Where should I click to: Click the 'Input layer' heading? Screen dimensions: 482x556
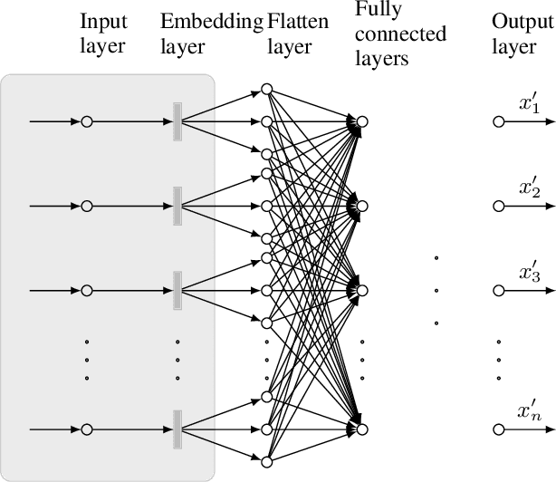pos(104,33)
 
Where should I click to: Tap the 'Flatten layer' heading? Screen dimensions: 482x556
pos(290,33)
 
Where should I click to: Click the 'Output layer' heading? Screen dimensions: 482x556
pos(514,33)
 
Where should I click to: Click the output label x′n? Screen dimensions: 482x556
pos(530,412)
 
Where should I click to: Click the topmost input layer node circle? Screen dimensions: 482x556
pos(87,121)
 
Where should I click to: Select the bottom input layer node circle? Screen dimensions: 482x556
pos(87,429)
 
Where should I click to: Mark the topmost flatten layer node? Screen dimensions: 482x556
pos(266,89)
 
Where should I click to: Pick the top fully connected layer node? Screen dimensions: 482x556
pos(362,121)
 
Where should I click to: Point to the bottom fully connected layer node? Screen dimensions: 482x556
pos(362,429)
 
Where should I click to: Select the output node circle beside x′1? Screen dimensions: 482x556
pos(497,121)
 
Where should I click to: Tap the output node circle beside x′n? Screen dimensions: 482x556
pos(497,429)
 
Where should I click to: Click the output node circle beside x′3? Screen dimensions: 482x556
pos(497,291)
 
